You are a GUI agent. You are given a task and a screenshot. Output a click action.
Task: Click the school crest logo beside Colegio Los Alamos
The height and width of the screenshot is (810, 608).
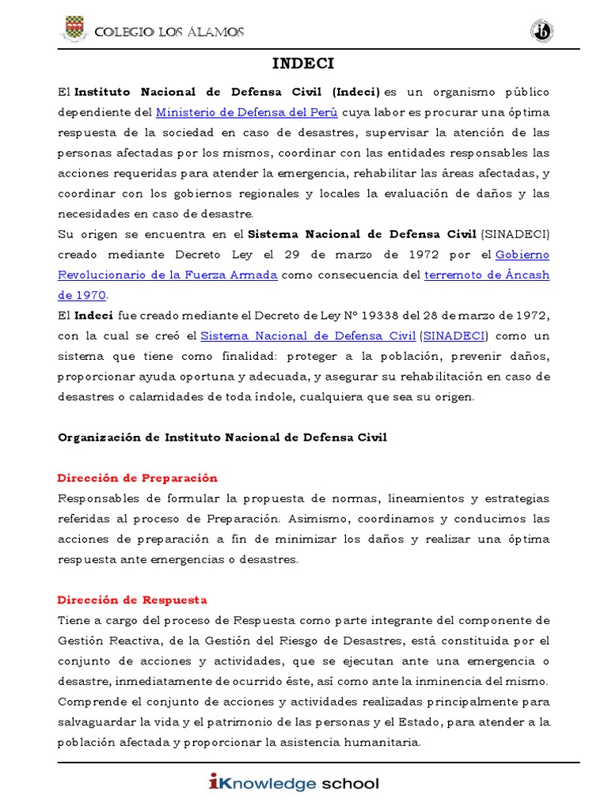point(74,31)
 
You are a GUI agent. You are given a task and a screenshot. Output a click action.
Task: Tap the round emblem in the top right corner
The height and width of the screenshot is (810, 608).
point(541,32)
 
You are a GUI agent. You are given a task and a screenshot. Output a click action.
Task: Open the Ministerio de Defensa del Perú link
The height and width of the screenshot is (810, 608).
point(246,112)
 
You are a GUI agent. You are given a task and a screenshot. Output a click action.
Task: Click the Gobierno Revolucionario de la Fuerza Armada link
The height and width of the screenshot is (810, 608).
point(167,274)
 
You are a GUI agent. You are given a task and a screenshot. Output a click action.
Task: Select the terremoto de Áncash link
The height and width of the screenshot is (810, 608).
point(487,274)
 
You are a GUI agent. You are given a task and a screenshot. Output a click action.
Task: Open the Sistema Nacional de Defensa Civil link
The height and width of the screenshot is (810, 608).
point(308,335)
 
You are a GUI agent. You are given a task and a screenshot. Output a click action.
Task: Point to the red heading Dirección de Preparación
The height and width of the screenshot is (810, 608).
point(138,478)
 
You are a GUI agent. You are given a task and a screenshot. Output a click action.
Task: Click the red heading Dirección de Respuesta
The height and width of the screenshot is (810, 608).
point(132,600)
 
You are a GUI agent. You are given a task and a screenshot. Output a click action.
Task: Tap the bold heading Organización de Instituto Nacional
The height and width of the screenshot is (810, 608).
point(222,437)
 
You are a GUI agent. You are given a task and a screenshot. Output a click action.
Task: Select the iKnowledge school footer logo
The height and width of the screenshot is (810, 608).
point(294,784)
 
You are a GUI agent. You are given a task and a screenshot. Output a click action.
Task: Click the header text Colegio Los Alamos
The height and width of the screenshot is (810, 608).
point(169,32)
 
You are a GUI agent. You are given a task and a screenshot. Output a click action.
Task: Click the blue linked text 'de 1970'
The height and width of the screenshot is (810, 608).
point(82,294)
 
